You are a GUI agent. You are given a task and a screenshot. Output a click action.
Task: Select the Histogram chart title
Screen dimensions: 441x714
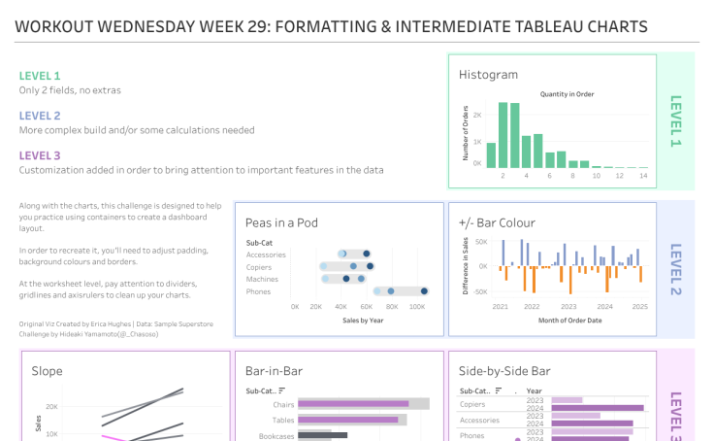pyautogui.click(x=488, y=75)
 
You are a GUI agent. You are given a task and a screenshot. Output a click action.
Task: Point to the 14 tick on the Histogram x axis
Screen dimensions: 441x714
pyautogui.click(x=642, y=177)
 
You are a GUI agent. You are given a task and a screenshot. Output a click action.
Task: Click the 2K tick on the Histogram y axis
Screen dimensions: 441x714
pyautogui.click(x=477, y=115)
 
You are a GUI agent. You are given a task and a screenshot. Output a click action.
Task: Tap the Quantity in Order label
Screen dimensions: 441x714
pyautogui.click(x=567, y=94)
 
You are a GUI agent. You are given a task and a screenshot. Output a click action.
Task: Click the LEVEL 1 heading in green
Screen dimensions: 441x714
pyautogui.click(x=40, y=76)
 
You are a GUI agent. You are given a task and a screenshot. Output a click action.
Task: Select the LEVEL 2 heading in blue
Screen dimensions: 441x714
pyautogui.click(x=40, y=116)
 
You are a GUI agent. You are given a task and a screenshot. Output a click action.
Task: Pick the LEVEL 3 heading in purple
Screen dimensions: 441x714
pyautogui.click(x=40, y=155)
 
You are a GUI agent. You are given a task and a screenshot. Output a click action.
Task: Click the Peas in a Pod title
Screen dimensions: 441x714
pyautogui.click(x=287, y=222)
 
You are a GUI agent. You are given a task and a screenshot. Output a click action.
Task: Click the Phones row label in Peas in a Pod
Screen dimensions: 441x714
pyautogui.click(x=259, y=290)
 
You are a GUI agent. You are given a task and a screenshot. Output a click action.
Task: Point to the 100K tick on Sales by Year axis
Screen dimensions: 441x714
pyautogui.click(x=417, y=306)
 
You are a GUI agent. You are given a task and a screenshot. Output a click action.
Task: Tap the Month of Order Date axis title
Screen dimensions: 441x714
pyautogui.click(x=568, y=320)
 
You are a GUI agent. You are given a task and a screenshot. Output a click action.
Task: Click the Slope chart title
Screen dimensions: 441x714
pyautogui.click(x=47, y=370)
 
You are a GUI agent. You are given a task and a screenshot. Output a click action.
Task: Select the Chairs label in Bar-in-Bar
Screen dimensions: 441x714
pyautogui.click(x=283, y=404)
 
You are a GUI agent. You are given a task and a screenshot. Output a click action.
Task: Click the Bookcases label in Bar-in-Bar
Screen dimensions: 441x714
pyautogui.click(x=276, y=435)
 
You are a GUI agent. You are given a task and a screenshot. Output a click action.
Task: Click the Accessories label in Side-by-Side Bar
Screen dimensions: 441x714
pyautogui.click(x=480, y=420)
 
